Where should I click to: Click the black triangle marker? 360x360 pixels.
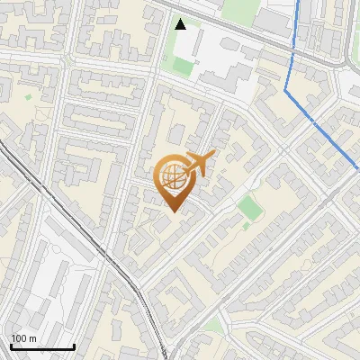pos(181,24)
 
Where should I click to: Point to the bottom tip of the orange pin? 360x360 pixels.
pos(174,212)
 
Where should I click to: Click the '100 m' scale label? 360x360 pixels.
pos(23,338)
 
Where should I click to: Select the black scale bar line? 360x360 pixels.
pos(42,346)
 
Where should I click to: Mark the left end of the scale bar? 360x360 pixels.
pos(11,346)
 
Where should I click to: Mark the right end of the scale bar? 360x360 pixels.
pos(74,346)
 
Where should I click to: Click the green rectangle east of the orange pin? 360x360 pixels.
pos(250,208)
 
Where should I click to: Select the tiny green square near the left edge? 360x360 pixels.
pos(28,96)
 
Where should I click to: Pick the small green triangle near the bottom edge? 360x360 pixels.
pos(212,325)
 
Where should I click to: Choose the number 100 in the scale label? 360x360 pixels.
pos(19,338)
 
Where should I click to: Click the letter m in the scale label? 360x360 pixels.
pos(31,338)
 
